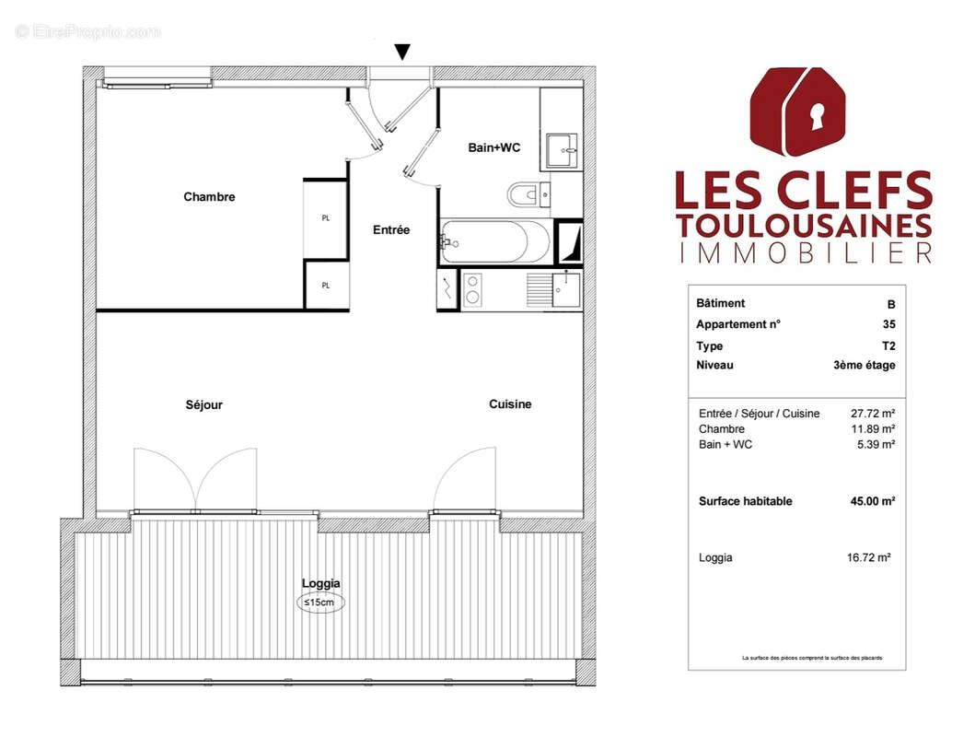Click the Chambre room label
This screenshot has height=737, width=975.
click(x=209, y=197)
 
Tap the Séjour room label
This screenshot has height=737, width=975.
click(x=203, y=404)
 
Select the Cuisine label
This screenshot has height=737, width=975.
click(x=510, y=404)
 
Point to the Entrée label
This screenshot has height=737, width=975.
click(x=391, y=230)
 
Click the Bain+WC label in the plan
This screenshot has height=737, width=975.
click(x=488, y=146)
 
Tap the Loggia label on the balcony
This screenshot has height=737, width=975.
click(x=321, y=583)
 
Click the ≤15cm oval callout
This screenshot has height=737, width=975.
click(x=321, y=602)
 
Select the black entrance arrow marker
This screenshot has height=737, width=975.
click(x=402, y=53)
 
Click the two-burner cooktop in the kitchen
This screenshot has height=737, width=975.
click(x=472, y=289)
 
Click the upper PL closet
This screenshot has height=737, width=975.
click(x=325, y=219)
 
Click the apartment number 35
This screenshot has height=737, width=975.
click(x=888, y=324)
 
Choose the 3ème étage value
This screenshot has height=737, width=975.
click(x=864, y=366)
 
